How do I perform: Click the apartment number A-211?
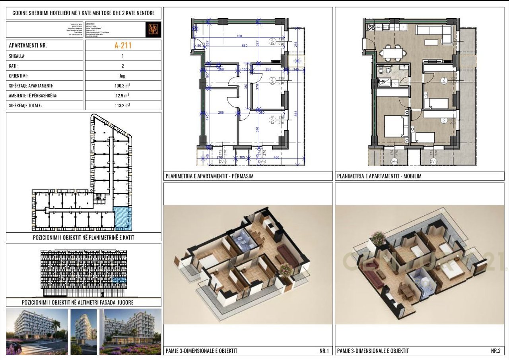pos(123,45)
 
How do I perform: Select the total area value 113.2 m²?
pos(123,106)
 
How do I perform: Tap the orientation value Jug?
pos(123,76)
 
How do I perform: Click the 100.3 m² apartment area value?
pos(123,86)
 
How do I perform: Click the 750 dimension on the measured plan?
pos(239,36)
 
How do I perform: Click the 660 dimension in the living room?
pos(245,45)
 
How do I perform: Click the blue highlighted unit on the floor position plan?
pos(122,218)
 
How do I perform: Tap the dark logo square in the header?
pos(153,30)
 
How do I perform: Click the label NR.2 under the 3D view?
pos(495,351)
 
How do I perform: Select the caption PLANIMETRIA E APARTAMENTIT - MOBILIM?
pos(379,176)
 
